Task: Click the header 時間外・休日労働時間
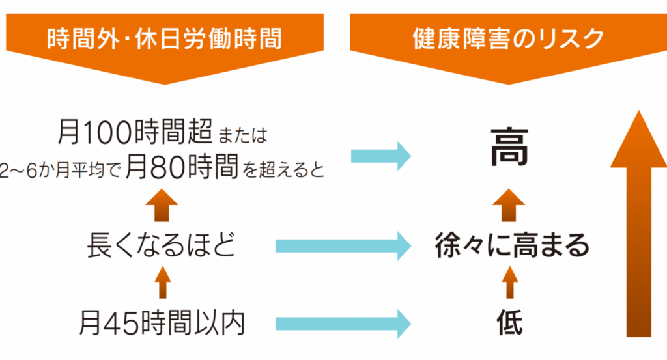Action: [x=165, y=38]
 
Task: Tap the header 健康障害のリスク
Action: [x=508, y=38]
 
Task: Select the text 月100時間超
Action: [x=135, y=132]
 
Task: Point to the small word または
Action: [x=242, y=135]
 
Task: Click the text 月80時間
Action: [x=182, y=167]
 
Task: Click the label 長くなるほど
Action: [x=162, y=245]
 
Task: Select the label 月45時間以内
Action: [x=162, y=324]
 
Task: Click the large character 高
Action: [x=509, y=148]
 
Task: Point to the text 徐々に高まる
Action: [x=512, y=245]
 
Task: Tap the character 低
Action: [x=509, y=323]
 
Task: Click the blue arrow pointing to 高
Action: [x=380, y=156]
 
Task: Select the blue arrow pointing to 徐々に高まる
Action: [x=343, y=246]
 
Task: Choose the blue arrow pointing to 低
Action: [x=343, y=324]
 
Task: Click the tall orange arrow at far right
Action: [x=638, y=224]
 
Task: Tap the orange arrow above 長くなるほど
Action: [x=162, y=205]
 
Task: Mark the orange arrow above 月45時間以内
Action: [x=162, y=283]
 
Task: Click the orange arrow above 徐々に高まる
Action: [x=509, y=205]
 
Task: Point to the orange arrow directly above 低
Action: [x=510, y=283]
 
